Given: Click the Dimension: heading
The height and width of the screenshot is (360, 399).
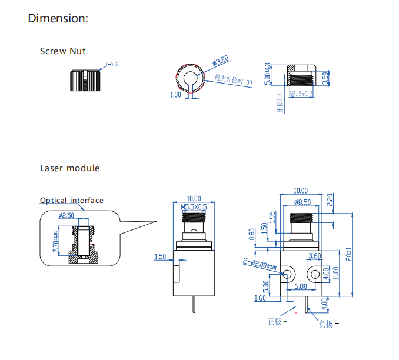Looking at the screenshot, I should coord(58,18).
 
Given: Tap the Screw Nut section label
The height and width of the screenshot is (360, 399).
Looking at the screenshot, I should coord(62,51).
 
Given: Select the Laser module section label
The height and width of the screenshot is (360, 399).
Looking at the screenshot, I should coord(69,168).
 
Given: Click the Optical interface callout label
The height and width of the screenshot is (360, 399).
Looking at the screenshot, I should coord(71,201).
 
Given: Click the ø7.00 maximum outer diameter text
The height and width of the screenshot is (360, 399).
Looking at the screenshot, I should coord(233,79).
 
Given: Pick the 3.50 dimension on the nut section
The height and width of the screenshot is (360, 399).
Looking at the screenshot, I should coord(325,76).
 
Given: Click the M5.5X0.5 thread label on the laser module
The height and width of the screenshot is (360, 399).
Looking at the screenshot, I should coord(194,207).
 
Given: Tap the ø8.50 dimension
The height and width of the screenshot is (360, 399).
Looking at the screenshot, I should coord(303,202).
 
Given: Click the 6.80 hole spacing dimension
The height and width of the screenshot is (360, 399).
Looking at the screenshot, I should coord(300,286).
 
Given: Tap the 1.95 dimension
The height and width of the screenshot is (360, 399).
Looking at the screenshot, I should coord(272,217).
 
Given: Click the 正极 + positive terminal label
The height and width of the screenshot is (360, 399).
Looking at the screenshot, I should coord(277,322).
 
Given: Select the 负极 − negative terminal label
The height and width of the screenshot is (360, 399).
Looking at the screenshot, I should coord(328,324).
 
